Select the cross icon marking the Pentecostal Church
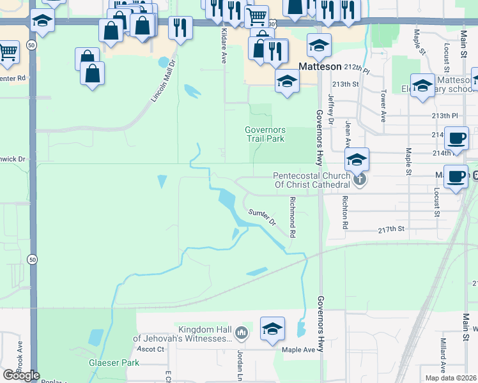click(360, 179)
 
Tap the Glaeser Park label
click(114, 362)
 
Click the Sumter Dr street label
click(262, 218)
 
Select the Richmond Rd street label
click(292, 217)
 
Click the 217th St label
click(392, 229)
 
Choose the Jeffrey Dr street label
click(331, 109)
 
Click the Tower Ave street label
click(383, 109)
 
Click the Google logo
click(21, 375)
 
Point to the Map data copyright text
click(451, 378)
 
